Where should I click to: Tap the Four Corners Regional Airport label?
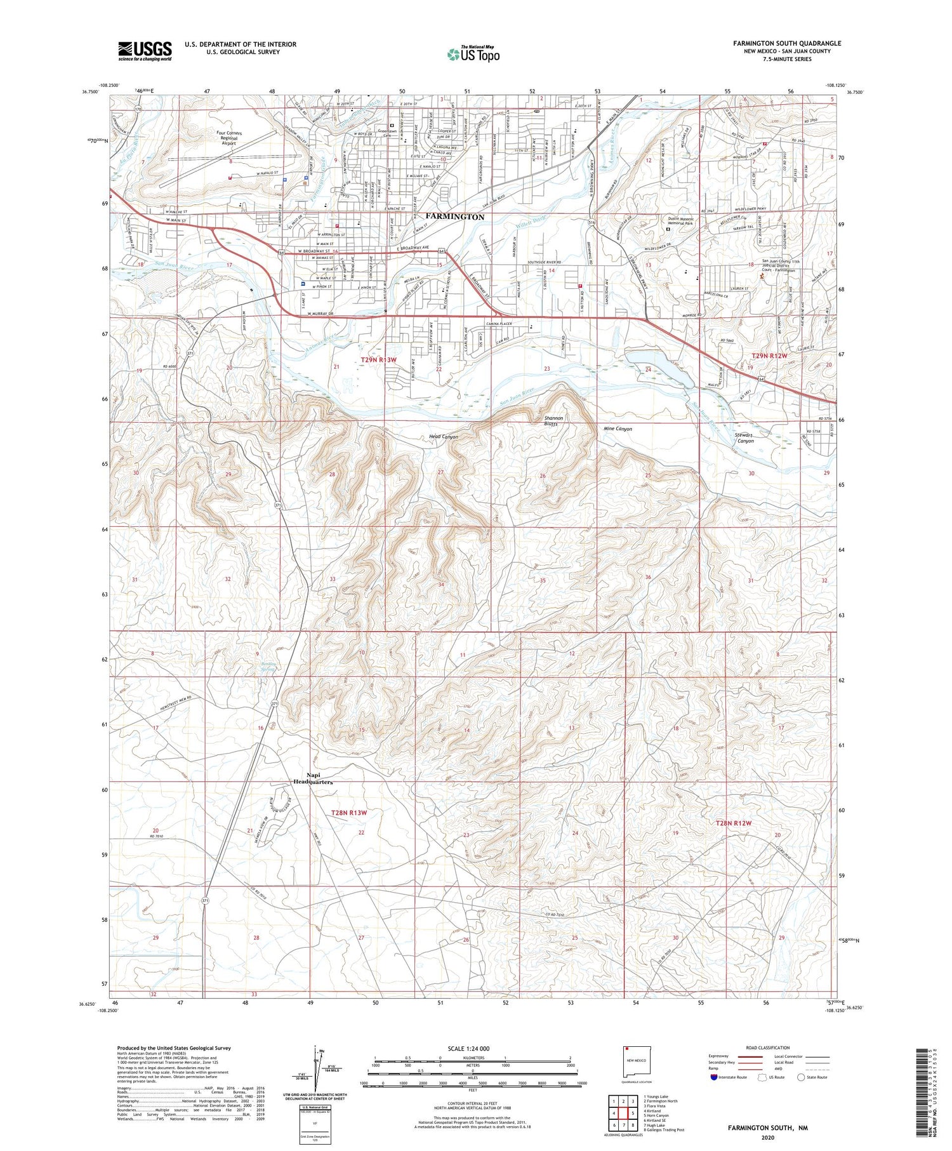click(x=228, y=138)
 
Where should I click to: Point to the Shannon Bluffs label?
click(x=553, y=420)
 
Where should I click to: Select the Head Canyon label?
click(x=443, y=437)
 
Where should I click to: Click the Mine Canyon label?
click(x=618, y=429)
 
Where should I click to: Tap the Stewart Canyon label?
click(x=744, y=438)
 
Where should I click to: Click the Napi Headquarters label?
click(x=312, y=778)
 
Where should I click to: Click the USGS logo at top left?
click(x=145, y=51)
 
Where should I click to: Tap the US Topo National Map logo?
click(x=473, y=54)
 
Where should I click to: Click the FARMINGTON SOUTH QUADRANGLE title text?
click(x=787, y=43)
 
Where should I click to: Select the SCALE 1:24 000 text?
click(x=473, y=1048)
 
